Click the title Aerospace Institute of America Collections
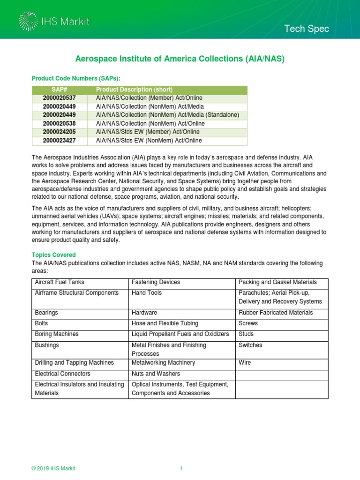[x=180, y=59]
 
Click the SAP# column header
[x=59, y=90]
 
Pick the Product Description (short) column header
[x=134, y=90]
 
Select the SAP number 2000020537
[x=59, y=98]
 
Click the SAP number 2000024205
[x=59, y=132]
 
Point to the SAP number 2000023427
[x=59, y=140]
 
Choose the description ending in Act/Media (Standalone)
[x=167, y=115]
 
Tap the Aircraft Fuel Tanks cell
[x=60, y=282]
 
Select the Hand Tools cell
[x=147, y=292]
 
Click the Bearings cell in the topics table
[x=46, y=313]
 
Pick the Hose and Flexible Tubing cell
[x=165, y=323]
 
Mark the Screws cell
[x=248, y=323]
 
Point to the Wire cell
[x=245, y=362]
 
